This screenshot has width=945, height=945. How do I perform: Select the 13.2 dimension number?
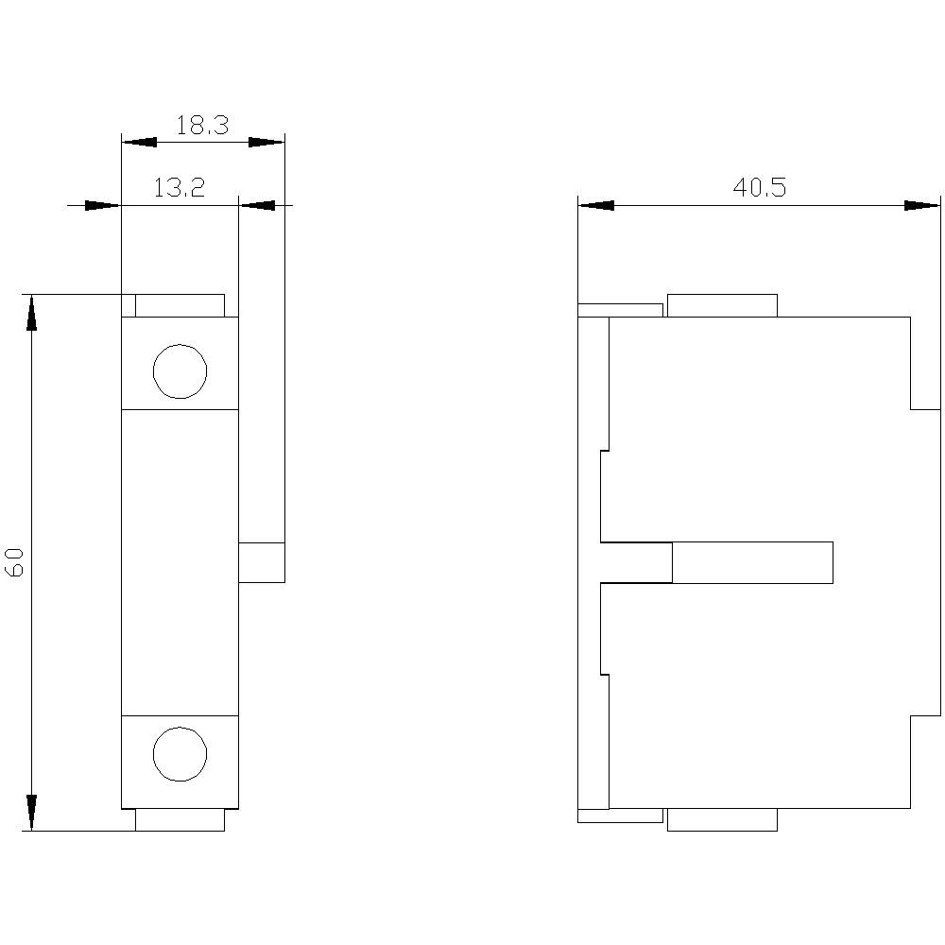[180, 188]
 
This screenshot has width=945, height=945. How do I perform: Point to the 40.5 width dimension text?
[760, 188]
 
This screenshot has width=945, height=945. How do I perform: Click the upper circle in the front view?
[180, 371]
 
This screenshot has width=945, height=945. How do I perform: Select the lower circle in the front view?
[180, 755]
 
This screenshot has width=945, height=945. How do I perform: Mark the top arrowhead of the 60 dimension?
[31, 312]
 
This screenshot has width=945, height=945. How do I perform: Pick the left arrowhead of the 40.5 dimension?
[595, 205]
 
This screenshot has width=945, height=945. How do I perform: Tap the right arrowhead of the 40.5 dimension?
[922, 205]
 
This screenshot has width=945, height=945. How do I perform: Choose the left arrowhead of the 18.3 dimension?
[139, 143]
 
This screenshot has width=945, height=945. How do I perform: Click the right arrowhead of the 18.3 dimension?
[266, 143]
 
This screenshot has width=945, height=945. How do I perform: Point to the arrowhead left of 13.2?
[103, 205]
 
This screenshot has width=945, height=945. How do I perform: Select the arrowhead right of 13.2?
[256, 205]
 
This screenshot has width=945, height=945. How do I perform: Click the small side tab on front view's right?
[261, 562]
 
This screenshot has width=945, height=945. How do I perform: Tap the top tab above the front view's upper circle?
[180, 305]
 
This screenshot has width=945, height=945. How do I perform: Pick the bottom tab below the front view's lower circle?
[180, 820]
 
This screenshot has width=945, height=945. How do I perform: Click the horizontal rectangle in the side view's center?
[752, 562]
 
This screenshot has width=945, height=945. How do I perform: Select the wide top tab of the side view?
[722, 305]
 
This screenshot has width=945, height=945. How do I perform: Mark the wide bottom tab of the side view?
[722, 820]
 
